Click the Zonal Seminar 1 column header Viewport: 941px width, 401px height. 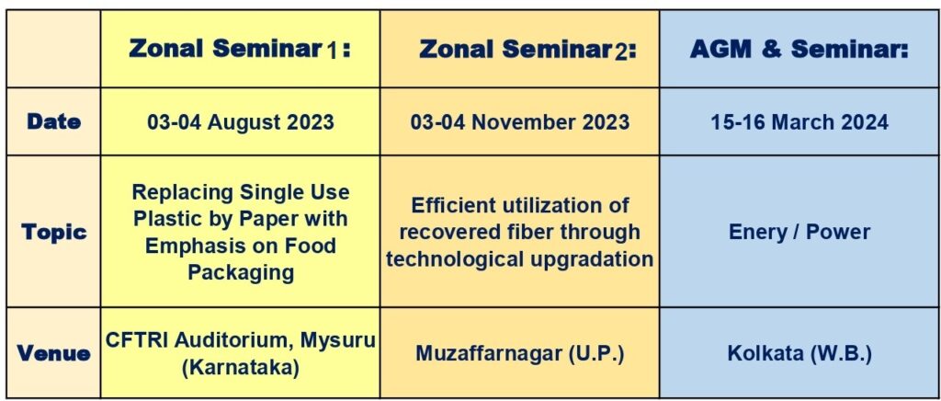coord(240,50)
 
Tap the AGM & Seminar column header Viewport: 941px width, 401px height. coord(799,50)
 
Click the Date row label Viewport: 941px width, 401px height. coord(53,121)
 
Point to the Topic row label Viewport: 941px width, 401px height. coord(54,232)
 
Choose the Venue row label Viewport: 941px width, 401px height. coord(53,353)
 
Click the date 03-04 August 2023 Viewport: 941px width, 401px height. coord(241,122)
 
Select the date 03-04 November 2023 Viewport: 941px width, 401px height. coord(520,122)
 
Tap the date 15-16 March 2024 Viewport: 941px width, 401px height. coord(799,122)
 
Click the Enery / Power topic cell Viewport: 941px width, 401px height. coord(799,232)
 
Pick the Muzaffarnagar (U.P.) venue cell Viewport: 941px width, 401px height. coord(520,353)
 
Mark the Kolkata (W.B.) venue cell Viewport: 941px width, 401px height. coord(799,353)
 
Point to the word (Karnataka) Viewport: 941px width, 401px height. coord(241,367)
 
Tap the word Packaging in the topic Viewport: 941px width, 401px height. coord(241,272)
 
